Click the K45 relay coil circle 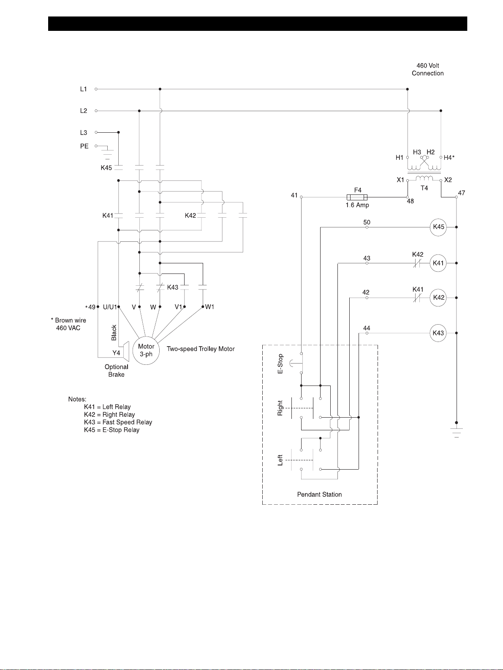point(438,227)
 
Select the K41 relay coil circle point(438,263)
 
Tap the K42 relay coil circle point(438,298)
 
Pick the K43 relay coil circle point(438,333)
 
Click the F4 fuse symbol point(357,197)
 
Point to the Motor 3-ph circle point(146,350)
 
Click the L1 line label point(84,89)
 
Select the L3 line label point(84,132)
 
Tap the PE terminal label point(84,146)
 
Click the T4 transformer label point(424,188)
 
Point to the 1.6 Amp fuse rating point(357,205)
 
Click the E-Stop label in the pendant point(280,364)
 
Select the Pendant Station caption point(319,495)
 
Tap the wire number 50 point(367,222)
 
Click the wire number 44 point(367,328)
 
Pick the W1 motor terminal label point(210,307)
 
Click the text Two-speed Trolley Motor point(201,349)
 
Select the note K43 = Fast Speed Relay point(118,422)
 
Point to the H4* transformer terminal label point(449,158)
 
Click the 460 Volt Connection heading point(428,69)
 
